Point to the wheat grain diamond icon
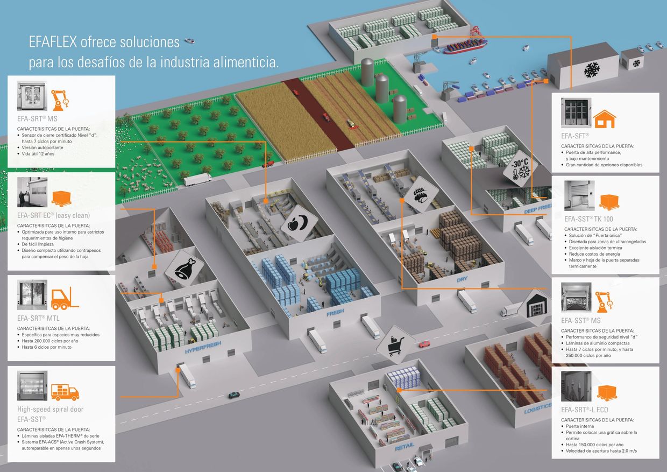(x=420, y=192)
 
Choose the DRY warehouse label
(x=463, y=280)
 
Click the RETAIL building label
(x=405, y=447)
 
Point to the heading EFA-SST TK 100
(x=588, y=219)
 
